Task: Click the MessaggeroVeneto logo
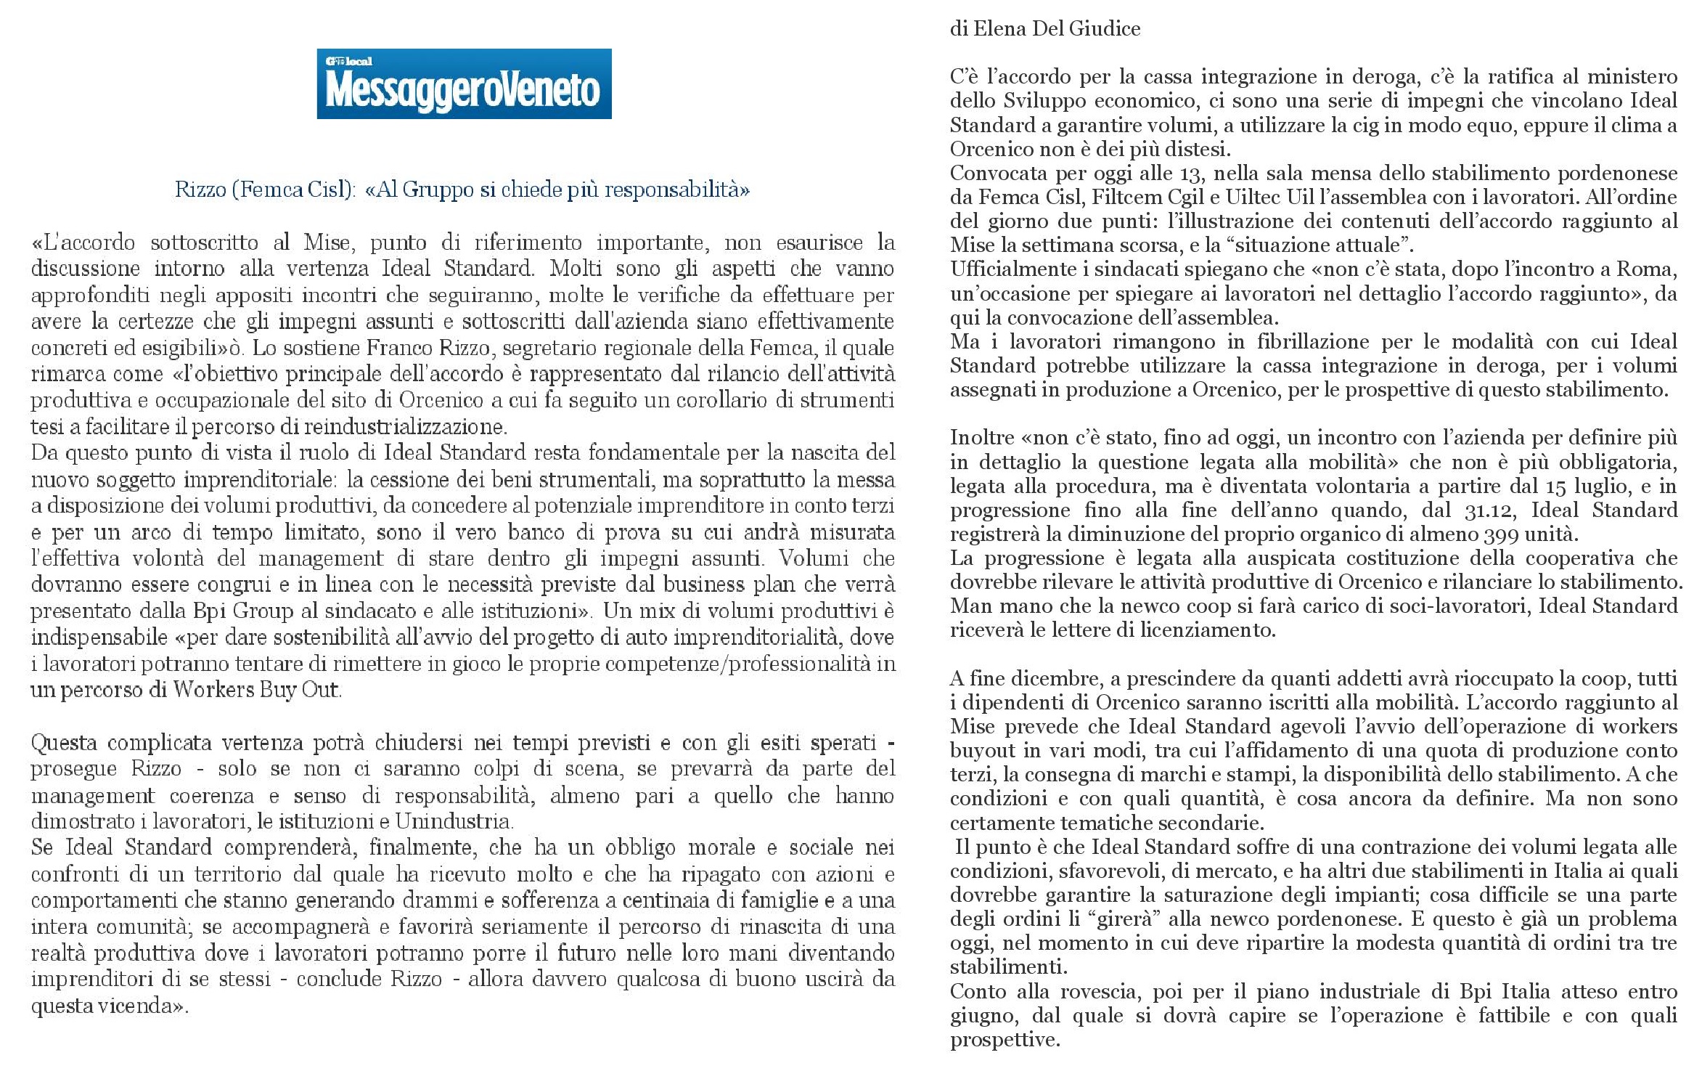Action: pos(464,84)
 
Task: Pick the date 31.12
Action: pos(1489,510)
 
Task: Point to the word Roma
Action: pos(1644,269)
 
